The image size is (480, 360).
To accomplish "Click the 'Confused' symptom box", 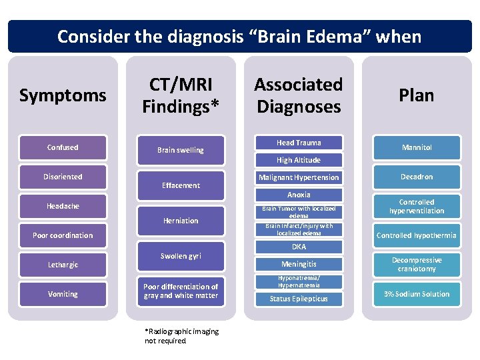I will click(x=63, y=147).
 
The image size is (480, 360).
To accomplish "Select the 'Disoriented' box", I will click(x=63, y=177).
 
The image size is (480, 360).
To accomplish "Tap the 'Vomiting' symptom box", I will click(x=63, y=294).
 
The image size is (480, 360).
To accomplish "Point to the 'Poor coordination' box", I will click(x=63, y=235).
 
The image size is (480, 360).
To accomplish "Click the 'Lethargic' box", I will click(x=63, y=265).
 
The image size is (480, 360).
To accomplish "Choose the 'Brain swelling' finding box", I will click(x=181, y=150).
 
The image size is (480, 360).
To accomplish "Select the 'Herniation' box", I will click(x=181, y=221).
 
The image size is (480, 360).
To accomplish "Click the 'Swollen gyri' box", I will click(x=181, y=256).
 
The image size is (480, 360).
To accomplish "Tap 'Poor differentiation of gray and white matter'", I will click(x=181, y=291).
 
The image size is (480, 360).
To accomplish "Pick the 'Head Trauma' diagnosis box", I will click(x=299, y=143).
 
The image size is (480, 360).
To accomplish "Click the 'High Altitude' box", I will click(x=299, y=160).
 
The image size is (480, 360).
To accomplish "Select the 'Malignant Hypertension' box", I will click(x=299, y=177).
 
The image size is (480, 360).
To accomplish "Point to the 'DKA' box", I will click(x=299, y=247).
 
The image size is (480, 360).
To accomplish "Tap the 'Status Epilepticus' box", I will click(x=299, y=299).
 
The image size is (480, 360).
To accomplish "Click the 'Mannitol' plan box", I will click(x=417, y=147).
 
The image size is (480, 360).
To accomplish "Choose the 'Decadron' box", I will click(x=417, y=177).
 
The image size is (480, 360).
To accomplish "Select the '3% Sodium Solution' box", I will click(x=417, y=294).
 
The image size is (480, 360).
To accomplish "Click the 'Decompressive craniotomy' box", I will click(x=417, y=265).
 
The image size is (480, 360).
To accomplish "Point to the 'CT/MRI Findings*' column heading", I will click(x=181, y=95).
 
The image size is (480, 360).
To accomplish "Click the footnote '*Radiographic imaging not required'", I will click(x=181, y=336).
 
